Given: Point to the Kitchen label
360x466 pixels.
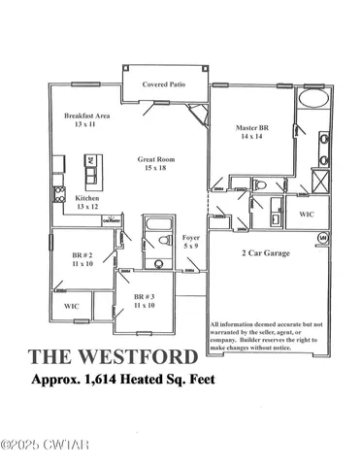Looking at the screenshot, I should coord(88,197).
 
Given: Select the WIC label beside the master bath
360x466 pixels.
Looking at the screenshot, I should coord(306,214).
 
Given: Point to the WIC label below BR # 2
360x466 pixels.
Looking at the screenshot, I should coord(71,306).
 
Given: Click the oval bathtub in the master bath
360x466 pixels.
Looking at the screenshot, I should coord(314,100).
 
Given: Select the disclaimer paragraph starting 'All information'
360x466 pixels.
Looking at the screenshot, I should coord(262,335).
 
